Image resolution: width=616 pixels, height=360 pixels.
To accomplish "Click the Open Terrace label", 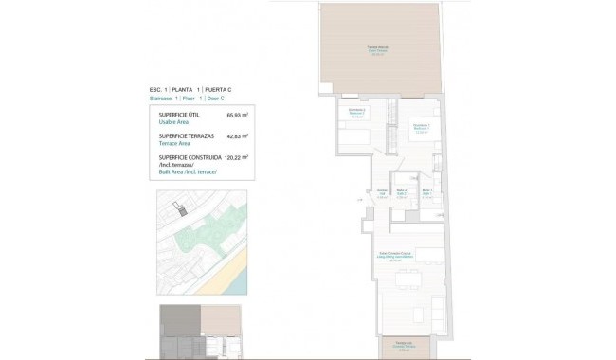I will (x=375, y=50).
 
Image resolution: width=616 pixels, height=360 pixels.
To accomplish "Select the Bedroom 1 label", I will (x=422, y=128).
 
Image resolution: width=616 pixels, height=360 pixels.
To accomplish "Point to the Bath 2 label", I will (x=402, y=194).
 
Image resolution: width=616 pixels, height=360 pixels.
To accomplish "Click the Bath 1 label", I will (x=427, y=193).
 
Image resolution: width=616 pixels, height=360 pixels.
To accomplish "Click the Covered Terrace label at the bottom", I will (x=405, y=347).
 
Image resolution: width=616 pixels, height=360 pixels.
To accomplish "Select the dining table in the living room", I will (x=409, y=279).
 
